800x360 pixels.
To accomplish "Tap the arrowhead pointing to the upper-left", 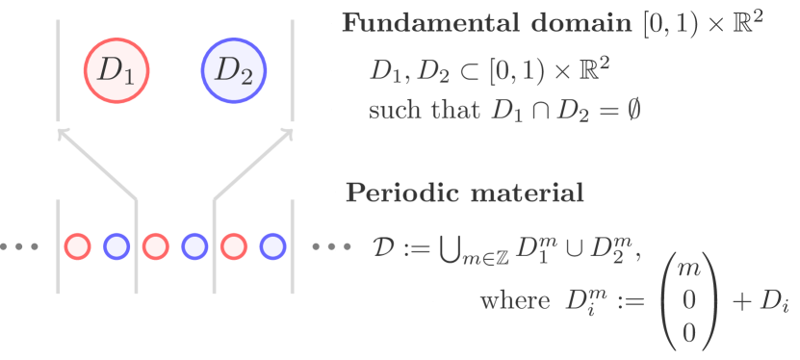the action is coord(63,132).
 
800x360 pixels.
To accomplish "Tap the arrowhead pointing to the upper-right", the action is coord(288,132).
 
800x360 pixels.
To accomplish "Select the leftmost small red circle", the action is coord(77,246).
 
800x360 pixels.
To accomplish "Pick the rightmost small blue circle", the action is coord(273,246).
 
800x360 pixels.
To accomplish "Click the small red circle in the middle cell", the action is coord(155,246).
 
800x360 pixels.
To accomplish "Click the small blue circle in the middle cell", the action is coord(194,246).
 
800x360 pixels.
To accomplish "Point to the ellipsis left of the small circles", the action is coord(20,246).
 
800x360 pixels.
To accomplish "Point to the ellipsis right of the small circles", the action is coord(332,246).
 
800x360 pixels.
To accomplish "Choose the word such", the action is coord(396,110).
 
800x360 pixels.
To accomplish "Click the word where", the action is coord(513,301).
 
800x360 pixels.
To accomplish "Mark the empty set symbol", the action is coord(631,110).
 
